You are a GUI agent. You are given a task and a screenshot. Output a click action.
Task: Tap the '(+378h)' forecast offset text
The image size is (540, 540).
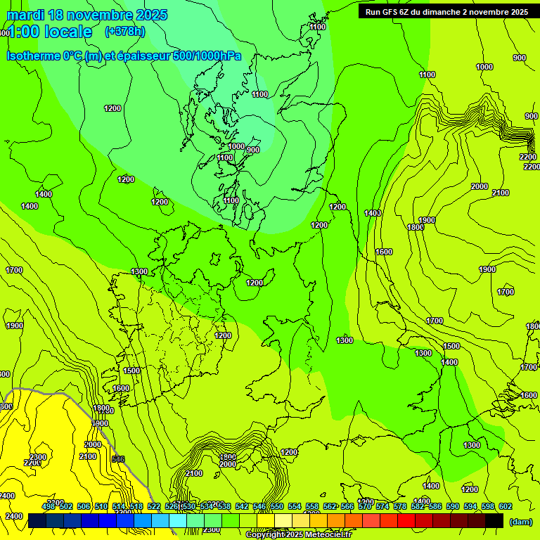click(x=124, y=31)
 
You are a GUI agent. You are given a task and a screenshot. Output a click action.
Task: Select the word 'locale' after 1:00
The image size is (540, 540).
click(x=68, y=32)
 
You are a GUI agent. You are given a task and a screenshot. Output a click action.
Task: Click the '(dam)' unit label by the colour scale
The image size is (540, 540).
click(x=520, y=521)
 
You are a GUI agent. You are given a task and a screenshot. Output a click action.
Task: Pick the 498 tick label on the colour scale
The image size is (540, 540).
click(x=49, y=506)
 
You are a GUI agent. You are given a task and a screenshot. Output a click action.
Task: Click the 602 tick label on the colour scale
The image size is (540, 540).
click(x=506, y=506)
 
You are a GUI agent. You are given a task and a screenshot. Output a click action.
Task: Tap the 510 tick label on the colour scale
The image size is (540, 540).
click(x=101, y=506)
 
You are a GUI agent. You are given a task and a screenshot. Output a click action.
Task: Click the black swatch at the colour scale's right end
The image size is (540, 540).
click(x=494, y=520)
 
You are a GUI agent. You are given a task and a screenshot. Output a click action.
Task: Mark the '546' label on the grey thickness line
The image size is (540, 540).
click(x=118, y=459)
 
